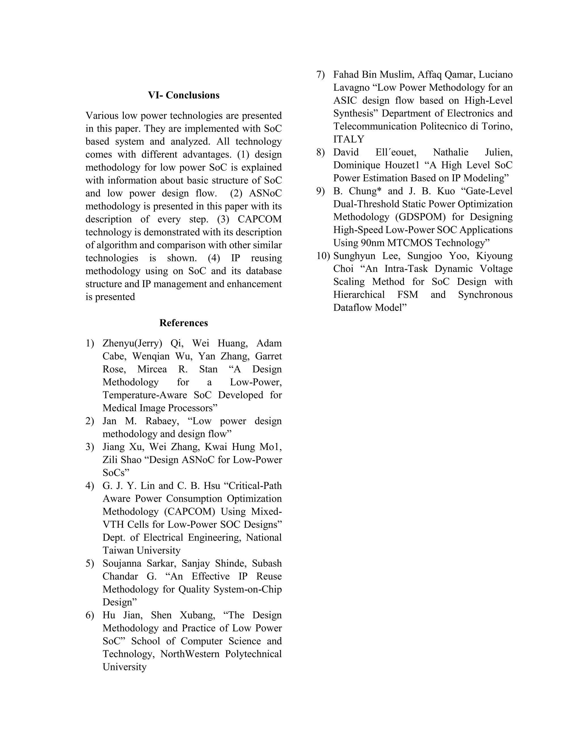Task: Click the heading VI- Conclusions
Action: click(184, 95)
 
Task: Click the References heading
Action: click(184, 323)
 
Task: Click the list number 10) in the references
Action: click(323, 256)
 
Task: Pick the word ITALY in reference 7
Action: click(348, 139)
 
